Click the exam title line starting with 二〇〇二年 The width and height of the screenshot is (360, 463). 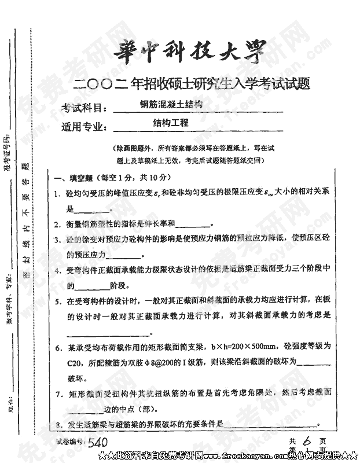[x=193, y=84]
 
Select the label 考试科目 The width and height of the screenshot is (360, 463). [x=85, y=108]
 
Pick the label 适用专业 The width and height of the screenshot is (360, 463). [x=85, y=126]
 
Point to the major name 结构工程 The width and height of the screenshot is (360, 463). [x=171, y=123]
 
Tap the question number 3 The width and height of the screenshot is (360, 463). [x=57, y=240]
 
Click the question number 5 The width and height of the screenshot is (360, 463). [x=58, y=302]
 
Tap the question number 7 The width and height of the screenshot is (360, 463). [x=58, y=394]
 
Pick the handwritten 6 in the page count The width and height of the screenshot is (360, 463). [x=307, y=441]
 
